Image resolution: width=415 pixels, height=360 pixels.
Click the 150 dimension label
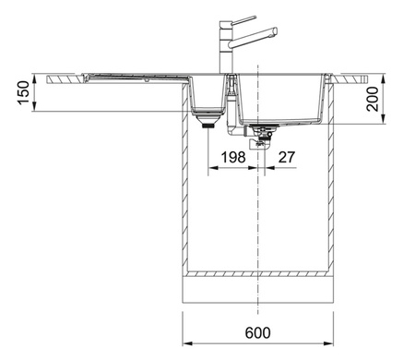pyautogui.click(x=24, y=92)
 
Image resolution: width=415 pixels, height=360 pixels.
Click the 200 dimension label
pyautogui.click(x=373, y=99)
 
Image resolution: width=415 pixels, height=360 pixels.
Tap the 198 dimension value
pyautogui.click(x=233, y=157)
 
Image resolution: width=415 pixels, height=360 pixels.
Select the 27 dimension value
pyautogui.click(x=287, y=157)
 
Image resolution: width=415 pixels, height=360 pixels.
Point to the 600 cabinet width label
pyautogui.click(x=258, y=332)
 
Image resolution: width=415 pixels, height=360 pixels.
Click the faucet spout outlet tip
pyautogui.click(x=276, y=31)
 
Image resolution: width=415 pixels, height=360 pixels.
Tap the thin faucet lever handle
pyautogui.click(x=243, y=19)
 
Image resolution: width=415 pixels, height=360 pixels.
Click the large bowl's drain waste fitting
pyautogui.click(x=261, y=137)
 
